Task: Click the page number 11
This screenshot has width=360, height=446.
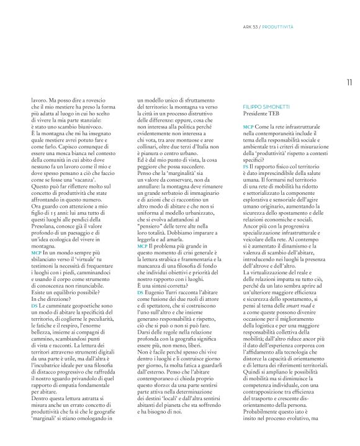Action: click(x=349, y=81)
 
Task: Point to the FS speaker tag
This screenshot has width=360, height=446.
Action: click(x=245, y=167)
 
